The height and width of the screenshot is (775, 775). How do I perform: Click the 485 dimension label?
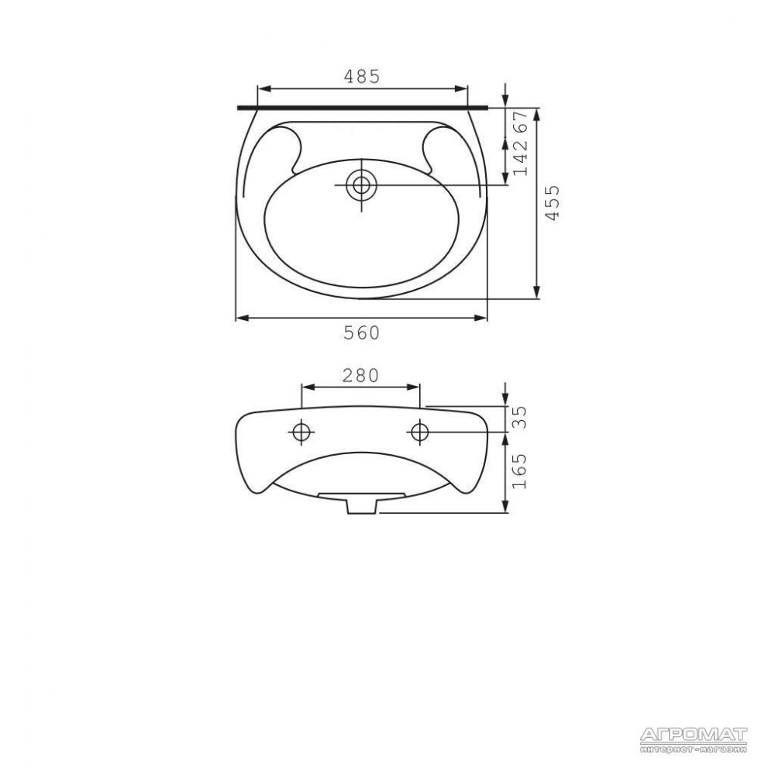click(362, 77)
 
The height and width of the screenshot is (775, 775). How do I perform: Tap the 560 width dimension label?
click(362, 333)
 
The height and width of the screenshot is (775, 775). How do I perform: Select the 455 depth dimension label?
click(552, 202)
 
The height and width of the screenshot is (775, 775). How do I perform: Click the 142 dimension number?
click(521, 157)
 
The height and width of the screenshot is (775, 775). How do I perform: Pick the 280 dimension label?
click(360, 376)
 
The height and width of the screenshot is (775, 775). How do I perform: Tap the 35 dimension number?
click(521, 418)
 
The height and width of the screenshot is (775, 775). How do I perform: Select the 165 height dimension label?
click(521, 471)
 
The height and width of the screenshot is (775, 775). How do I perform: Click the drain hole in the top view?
click(361, 185)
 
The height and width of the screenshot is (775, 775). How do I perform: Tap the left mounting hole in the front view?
click(301, 432)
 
